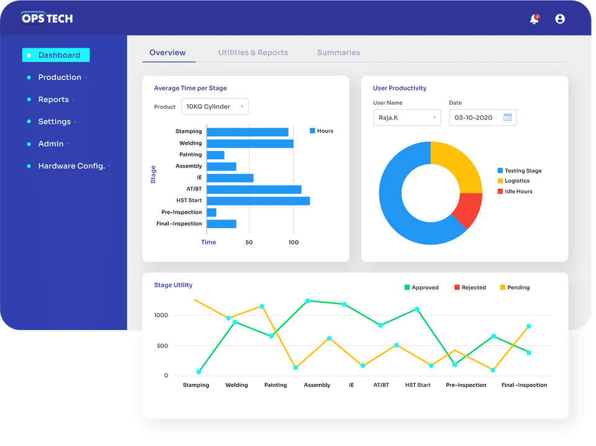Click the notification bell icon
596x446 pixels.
pos(534,19)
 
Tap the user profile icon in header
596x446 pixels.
pos(560,19)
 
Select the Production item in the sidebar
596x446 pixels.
pos(60,78)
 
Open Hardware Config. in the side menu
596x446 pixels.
pos(71,166)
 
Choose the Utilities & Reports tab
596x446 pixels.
pos(253,53)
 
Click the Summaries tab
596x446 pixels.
pos(338,53)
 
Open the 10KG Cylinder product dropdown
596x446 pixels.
pos(215,107)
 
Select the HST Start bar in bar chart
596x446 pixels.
pos(258,201)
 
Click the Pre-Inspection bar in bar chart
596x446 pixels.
pos(212,212)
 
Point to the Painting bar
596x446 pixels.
pos(215,155)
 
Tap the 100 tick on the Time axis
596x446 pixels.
pos(294,242)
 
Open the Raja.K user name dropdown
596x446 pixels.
pos(407,117)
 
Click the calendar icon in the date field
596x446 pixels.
pos(507,117)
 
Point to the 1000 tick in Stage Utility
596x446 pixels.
pos(161,315)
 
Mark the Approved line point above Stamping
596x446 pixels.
pos(199,372)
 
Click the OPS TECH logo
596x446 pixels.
pos(47,18)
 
